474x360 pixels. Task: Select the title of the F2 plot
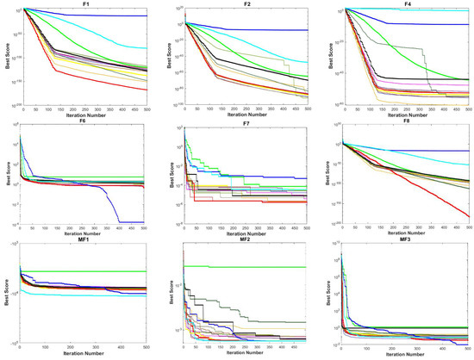pos(249,4)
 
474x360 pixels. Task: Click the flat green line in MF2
pos(259,267)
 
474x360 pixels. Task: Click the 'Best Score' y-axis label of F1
pos(4,56)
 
